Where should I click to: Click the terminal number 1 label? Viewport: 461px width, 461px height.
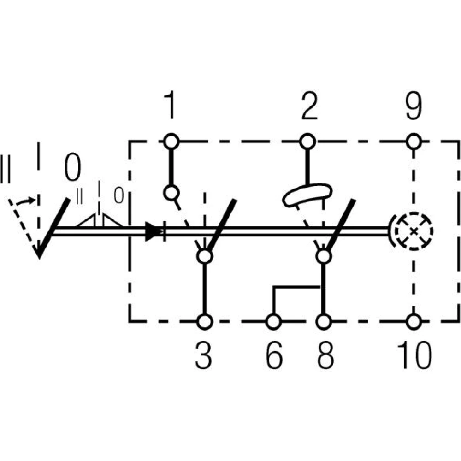click(171, 106)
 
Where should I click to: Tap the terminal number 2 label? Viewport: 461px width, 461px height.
click(308, 106)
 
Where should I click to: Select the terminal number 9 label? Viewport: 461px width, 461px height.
click(414, 106)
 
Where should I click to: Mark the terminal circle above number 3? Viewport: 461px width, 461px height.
click(204, 321)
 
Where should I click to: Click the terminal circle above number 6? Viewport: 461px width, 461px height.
click(274, 321)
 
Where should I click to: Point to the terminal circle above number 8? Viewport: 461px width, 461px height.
click(324, 321)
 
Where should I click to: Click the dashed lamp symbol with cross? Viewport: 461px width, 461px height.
click(414, 231)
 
